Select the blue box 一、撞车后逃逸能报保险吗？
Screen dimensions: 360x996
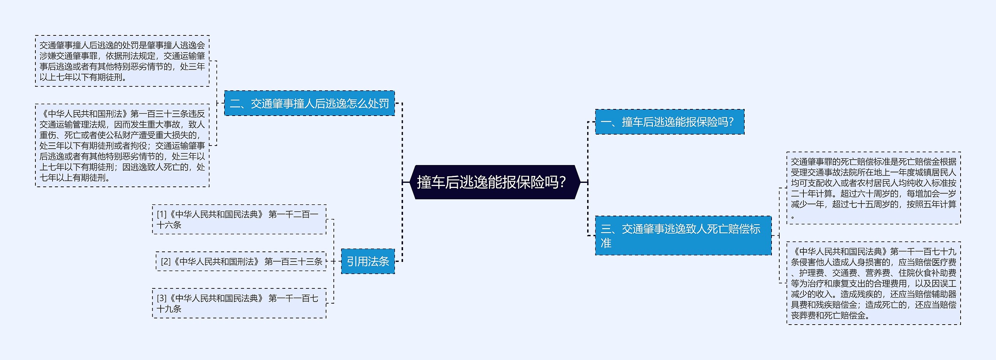[x=669, y=122]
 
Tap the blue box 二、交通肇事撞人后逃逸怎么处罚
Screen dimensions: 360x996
[x=309, y=104]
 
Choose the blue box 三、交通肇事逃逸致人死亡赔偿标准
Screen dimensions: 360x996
[x=683, y=235]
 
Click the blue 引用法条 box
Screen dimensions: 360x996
[x=368, y=262]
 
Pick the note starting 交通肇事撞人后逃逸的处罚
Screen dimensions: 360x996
[x=122, y=61]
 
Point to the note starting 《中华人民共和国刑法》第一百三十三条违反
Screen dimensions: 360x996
[x=122, y=146]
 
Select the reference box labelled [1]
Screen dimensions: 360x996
[x=239, y=220]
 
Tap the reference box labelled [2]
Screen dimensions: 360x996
[x=241, y=262]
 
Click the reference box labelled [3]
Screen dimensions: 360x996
[x=239, y=304]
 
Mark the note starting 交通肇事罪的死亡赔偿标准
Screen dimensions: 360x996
[x=873, y=188]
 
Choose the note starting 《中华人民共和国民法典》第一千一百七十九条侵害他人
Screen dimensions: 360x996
[x=873, y=283]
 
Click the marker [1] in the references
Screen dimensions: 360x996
[x=162, y=214]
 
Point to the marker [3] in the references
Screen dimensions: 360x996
[x=162, y=299]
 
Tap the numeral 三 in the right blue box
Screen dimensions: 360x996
[x=606, y=229]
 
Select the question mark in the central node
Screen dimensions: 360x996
[x=562, y=182]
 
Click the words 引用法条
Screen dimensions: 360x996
[x=368, y=262]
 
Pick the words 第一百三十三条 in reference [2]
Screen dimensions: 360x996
[x=293, y=262]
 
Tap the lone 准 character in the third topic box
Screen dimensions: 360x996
[x=606, y=243]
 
